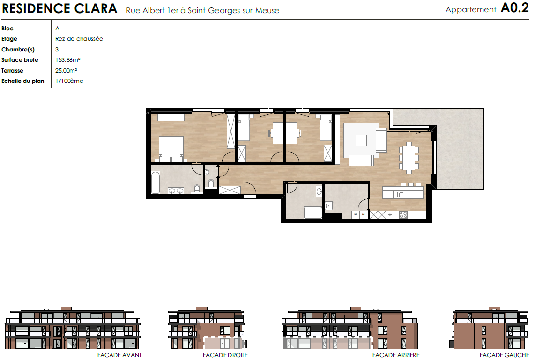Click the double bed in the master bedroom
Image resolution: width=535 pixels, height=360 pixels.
click(x=171, y=149)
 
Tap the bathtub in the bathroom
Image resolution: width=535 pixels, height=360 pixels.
click(x=156, y=182)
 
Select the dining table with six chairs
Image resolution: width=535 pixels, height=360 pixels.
click(x=409, y=157)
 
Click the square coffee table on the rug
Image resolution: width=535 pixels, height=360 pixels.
click(x=361, y=140)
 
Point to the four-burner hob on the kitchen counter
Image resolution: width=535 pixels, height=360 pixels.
click(x=403, y=215)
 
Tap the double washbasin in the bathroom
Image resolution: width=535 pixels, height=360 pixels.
click(x=176, y=191)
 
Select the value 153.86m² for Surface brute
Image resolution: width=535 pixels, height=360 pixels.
click(x=68, y=59)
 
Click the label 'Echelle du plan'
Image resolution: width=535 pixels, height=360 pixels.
click(x=23, y=81)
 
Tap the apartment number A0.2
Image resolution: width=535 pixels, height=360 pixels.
click(x=515, y=8)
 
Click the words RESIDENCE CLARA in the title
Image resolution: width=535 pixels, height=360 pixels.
click(x=59, y=8)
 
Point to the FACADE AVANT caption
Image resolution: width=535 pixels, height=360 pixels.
click(x=119, y=355)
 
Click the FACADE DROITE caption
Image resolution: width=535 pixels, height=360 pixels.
click(x=225, y=355)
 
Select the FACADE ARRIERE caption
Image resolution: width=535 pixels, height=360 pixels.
click(x=396, y=355)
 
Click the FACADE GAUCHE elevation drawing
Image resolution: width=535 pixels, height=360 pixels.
click(x=490, y=328)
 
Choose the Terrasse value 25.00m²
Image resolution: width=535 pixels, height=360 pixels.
click(x=66, y=71)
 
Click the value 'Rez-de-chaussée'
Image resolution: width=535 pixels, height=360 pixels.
click(x=79, y=39)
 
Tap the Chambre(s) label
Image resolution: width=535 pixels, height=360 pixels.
click(x=18, y=50)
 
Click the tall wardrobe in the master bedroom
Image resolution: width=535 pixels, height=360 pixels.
click(x=231, y=132)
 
